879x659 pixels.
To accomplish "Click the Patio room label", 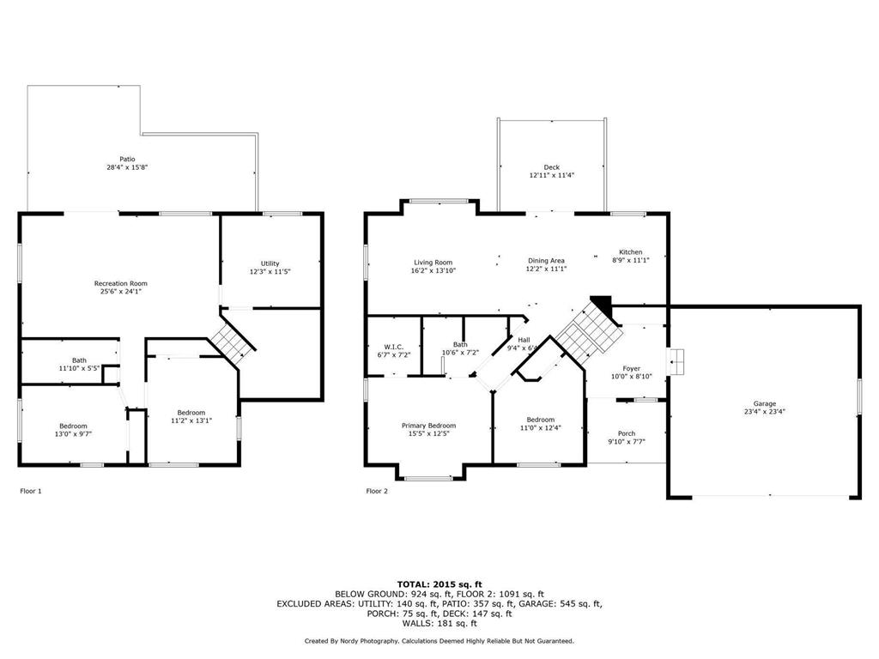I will tap(127, 159).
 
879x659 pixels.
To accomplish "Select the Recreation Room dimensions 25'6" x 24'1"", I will tap(121, 292).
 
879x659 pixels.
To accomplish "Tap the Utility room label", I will tap(270, 263).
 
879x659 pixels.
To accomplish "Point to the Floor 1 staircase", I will tap(233, 341).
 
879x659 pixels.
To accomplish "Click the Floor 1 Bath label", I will tap(79, 360).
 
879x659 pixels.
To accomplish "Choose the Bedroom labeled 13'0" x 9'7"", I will tap(73, 426).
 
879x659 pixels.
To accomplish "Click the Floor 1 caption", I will tap(31, 492).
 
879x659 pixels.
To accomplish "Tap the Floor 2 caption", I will tap(377, 492).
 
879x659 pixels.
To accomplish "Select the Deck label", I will tap(551, 167).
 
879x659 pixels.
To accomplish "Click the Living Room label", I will tap(433, 263).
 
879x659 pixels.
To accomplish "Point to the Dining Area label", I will tap(546, 261).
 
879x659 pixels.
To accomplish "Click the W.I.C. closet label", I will tap(394, 347).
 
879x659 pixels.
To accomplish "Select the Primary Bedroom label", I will tap(428, 426).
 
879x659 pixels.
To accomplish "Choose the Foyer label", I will tap(631, 368).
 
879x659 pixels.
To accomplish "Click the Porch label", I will tap(627, 433).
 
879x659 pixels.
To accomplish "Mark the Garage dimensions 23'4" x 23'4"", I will tap(765, 412).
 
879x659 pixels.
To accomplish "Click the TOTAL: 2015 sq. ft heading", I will tap(439, 583).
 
